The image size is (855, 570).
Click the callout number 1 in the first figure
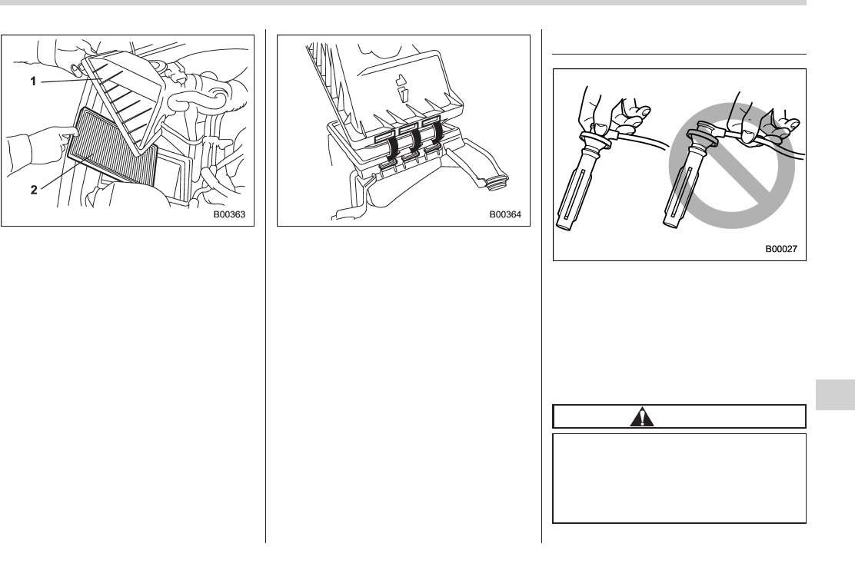pyautogui.click(x=33, y=81)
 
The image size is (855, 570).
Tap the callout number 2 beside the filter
pyautogui.click(x=34, y=190)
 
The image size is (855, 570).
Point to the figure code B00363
pyautogui.click(x=229, y=214)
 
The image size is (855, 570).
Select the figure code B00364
pyautogui.click(x=505, y=214)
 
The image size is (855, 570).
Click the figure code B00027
pyautogui.click(x=781, y=249)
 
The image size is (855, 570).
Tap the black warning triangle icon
pyautogui.click(x=642, y=417)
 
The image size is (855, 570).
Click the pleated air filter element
pyautogui.click(x=111, y=144)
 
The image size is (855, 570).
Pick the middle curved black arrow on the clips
pyautogui.click(x=414, y=141)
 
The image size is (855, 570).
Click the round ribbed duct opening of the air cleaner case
pyautogui.click(x=497, y=183)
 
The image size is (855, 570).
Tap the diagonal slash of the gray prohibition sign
pyautogui.click(x=731, y=166)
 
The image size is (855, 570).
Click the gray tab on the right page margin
pyautogui.click(x=835, y=395)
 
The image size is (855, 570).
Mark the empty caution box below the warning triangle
pyautogui.click(x=680, y=479)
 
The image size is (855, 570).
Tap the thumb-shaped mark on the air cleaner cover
pyautogui.click(x=401, y=88)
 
